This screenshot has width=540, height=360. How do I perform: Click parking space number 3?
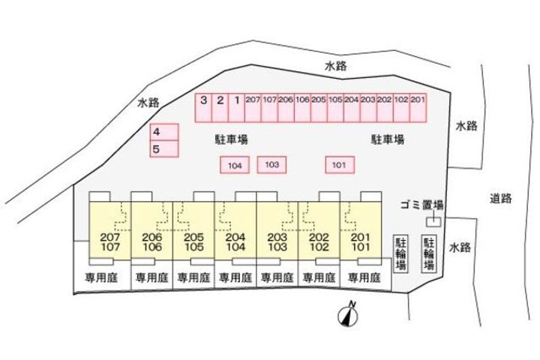(x=203, y=108)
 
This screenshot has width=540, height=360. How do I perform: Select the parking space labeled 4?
(x=164, y=132)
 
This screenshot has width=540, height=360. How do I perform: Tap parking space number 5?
(x=164, y=148)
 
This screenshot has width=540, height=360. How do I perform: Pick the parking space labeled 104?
(x=235, y=165)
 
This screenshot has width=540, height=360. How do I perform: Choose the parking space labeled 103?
(x=271, y=165)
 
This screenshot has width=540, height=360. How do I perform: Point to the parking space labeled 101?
(x=340, y=165)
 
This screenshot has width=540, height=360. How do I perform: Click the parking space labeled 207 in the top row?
(x=253, y=108)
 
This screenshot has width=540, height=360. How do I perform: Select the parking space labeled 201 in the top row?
(x=418, y=108)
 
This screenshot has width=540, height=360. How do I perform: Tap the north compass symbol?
(x=348, y=314)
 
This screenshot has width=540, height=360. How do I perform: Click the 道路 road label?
(x=501, y=199)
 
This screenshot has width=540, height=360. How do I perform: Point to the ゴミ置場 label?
(x=421, y=205)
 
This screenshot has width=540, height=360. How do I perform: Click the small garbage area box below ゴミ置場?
(x=433, y=222)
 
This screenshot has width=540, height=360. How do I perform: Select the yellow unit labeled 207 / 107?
(x=110, y=231)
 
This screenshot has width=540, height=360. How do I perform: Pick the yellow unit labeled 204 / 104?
(x=235, y=231)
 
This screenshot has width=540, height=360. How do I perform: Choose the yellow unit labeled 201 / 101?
(x=361, y=231)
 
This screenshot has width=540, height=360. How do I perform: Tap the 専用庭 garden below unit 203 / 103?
(x=277, y=277)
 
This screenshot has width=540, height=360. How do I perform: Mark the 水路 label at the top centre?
(x=336, y=66)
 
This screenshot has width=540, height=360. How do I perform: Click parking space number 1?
(x=236, y=108)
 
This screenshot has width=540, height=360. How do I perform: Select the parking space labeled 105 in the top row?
(x=335, y=108)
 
